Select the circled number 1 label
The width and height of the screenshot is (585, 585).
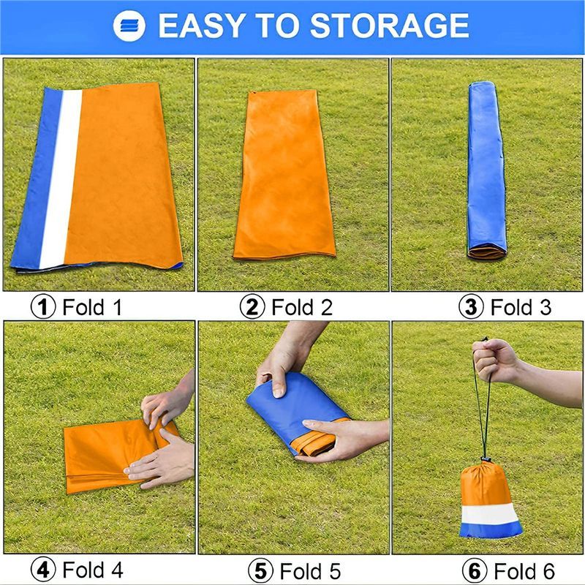tap(44, 306)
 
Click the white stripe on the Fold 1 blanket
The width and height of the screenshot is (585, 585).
tap(60, 175)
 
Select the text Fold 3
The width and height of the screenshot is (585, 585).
tap(521, 306)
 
